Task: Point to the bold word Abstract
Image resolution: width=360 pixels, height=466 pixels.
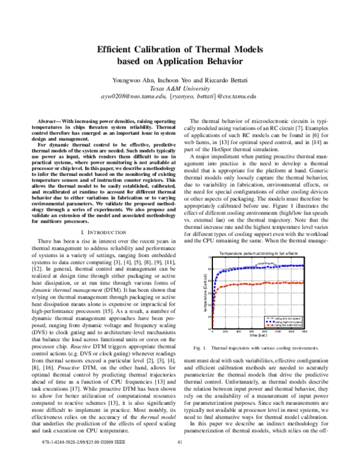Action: tap(47, 122)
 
